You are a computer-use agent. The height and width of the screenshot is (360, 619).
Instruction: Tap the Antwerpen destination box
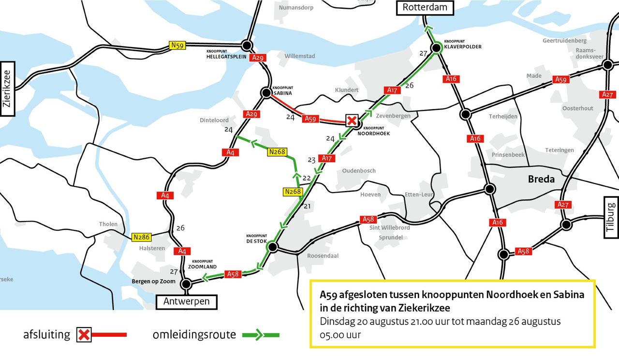point(187,301)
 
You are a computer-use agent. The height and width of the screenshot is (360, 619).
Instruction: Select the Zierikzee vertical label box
point(8,89)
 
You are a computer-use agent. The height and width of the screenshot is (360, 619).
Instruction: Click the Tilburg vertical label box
point(611,217)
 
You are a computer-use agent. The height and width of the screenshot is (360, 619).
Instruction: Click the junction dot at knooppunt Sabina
point(265,92)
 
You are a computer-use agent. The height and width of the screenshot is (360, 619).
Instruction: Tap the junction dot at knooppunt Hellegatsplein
point(247,45)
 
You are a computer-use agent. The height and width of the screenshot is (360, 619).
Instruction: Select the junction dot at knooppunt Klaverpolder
point(436,47)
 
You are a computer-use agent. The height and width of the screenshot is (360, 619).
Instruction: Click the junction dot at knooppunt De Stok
point(272,248)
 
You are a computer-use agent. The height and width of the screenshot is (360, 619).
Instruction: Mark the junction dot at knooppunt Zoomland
point(185,284)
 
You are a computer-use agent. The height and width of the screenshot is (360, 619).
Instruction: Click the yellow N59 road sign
point(177,45)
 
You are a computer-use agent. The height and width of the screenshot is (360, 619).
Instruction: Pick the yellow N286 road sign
point(141,237)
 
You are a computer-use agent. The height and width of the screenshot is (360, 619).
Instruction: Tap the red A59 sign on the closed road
point(311,119)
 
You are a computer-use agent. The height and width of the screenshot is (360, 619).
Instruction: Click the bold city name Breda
point(540,180)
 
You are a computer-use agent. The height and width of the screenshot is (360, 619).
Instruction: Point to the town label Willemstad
point(300,56)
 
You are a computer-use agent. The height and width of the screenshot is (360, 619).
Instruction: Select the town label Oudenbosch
point(359,171)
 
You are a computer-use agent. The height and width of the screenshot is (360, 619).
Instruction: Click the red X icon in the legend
point(84,334)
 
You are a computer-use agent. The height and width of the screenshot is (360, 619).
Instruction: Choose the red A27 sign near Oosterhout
point(607,94)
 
